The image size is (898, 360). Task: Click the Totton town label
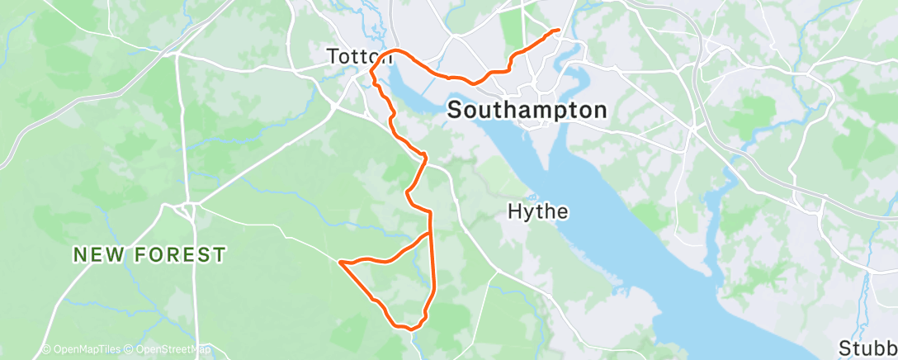point(359,57)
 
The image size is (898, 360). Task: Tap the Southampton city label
point(527,110)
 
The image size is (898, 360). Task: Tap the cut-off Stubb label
point(867,347)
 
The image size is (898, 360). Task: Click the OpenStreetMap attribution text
point(173,349)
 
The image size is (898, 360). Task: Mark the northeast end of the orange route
point(560,31)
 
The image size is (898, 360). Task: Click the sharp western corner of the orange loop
point(340,263)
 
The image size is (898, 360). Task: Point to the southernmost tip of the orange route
point(410,328)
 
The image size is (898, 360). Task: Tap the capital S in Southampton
point(456,110)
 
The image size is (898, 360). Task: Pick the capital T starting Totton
point(332,57)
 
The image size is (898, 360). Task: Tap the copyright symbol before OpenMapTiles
point(46,349)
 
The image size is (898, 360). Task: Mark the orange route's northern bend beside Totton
point(397,51)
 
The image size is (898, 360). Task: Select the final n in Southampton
point(601,110)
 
